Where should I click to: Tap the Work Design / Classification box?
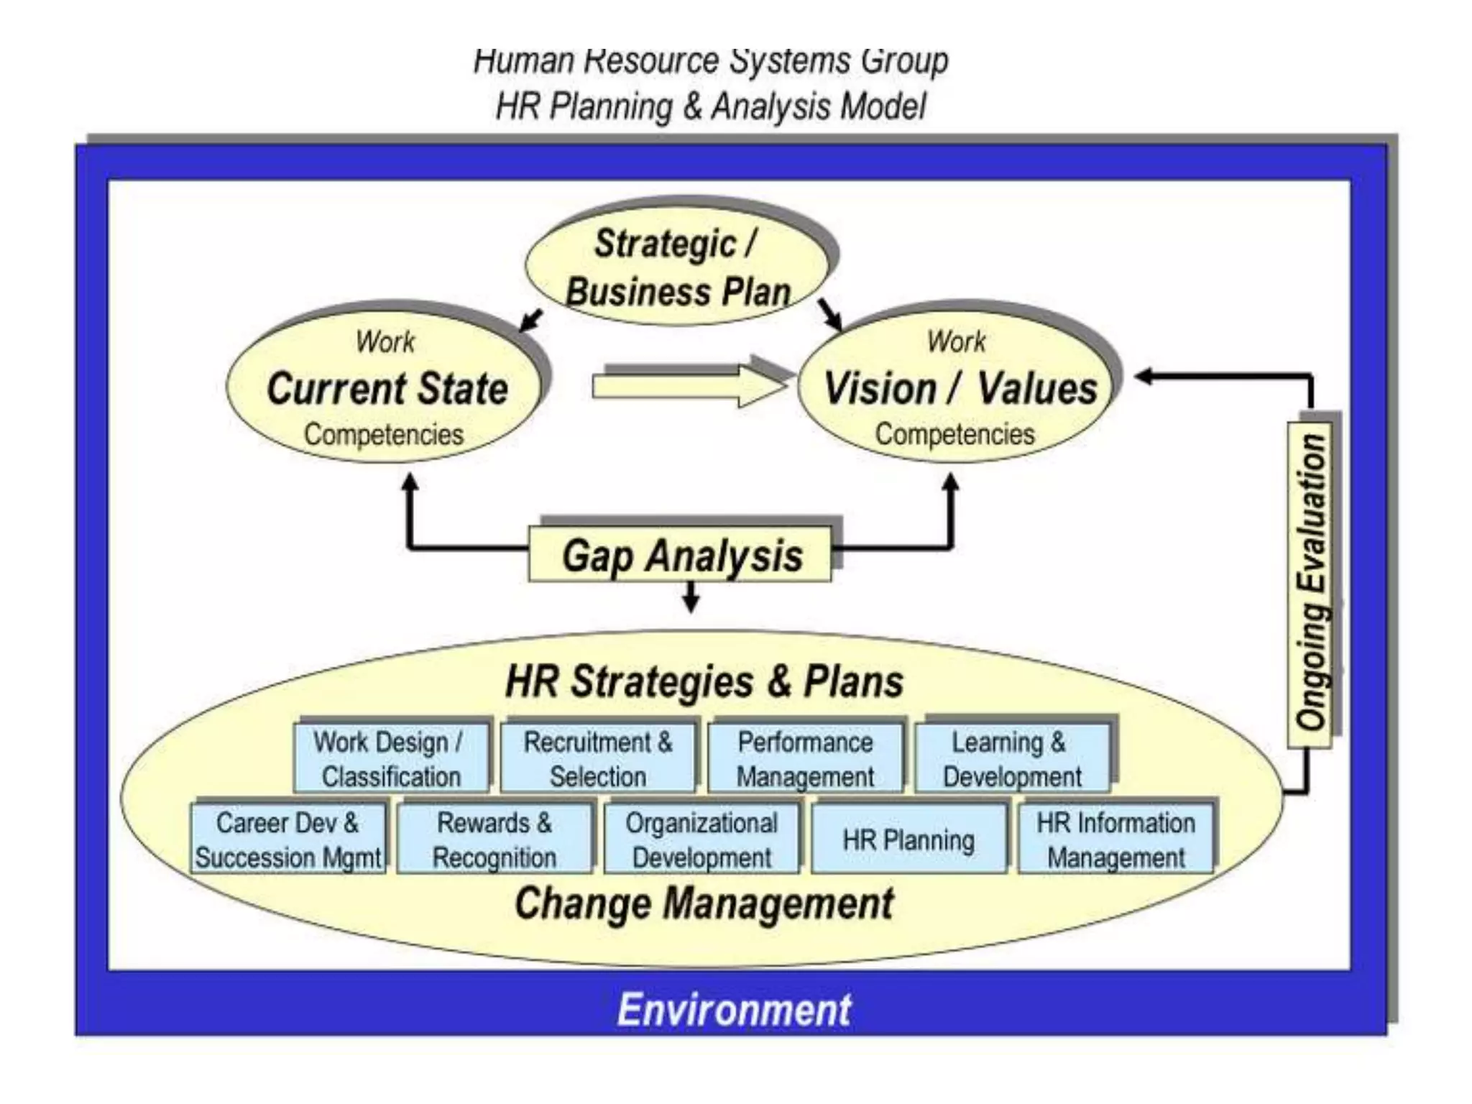click(391, 758)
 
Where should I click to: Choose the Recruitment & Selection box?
click(598, 758)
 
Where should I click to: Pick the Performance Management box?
click(805, 758)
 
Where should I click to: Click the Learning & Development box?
click(1012, 758)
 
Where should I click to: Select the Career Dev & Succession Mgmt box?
click(287, 839)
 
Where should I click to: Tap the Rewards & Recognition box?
click(494, 839)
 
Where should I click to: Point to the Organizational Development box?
click(701, 839)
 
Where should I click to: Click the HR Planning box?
click(908, 839)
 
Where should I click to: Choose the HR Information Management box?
click(1115, 839)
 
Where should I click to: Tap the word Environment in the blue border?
click(734, 1009)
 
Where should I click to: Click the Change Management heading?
click(704, 903)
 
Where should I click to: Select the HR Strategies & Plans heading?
click(704, 681)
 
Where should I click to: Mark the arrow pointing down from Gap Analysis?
click(691, 597)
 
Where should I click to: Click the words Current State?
click(387, 389)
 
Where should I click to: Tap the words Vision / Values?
click(960, 389)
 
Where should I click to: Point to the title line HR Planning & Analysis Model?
click(710, 107)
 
